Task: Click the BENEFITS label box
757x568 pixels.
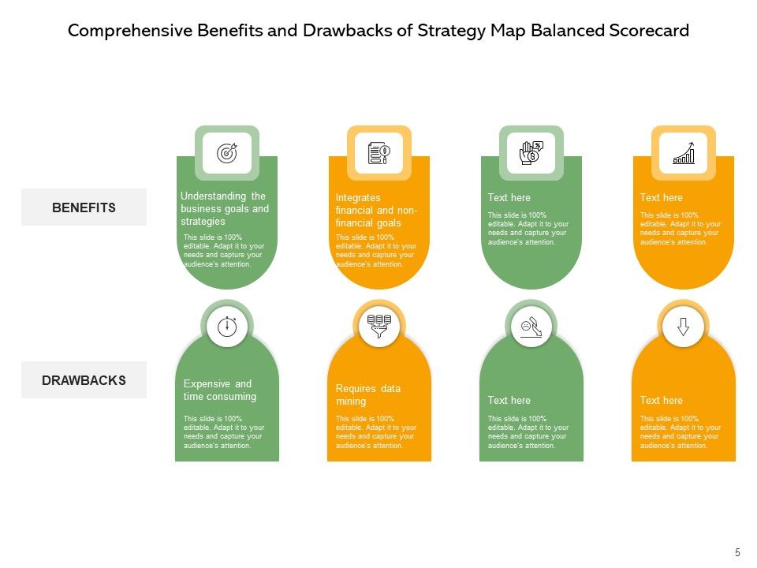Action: [x=84, y=207]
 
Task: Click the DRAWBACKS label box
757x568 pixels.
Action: [x=84, y=380]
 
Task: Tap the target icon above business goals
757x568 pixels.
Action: [x=227, y=153]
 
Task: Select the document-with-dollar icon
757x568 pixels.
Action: [x=379, y=153]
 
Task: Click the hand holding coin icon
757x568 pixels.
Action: [x=531, y=152]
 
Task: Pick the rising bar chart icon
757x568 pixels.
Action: [x=684, y=153]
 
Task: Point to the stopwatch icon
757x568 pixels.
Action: [x=227, y=326]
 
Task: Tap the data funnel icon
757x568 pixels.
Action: [x=379, y=326]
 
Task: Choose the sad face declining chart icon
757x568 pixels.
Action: [x=531, y=326]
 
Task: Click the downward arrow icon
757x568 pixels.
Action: [x=684, y=327]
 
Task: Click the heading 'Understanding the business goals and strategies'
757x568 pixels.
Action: [x=225, y=209]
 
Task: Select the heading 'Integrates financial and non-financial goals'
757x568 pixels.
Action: [x=376, y=211]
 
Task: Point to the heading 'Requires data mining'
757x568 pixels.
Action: [x=368, y=395]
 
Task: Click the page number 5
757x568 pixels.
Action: [x=737, y=553]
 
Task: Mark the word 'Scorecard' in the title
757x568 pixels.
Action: [x=649, y=32]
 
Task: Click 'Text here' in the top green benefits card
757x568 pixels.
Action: [x=509, y=198]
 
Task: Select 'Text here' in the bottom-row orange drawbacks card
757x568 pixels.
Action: [x=662, y=401]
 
